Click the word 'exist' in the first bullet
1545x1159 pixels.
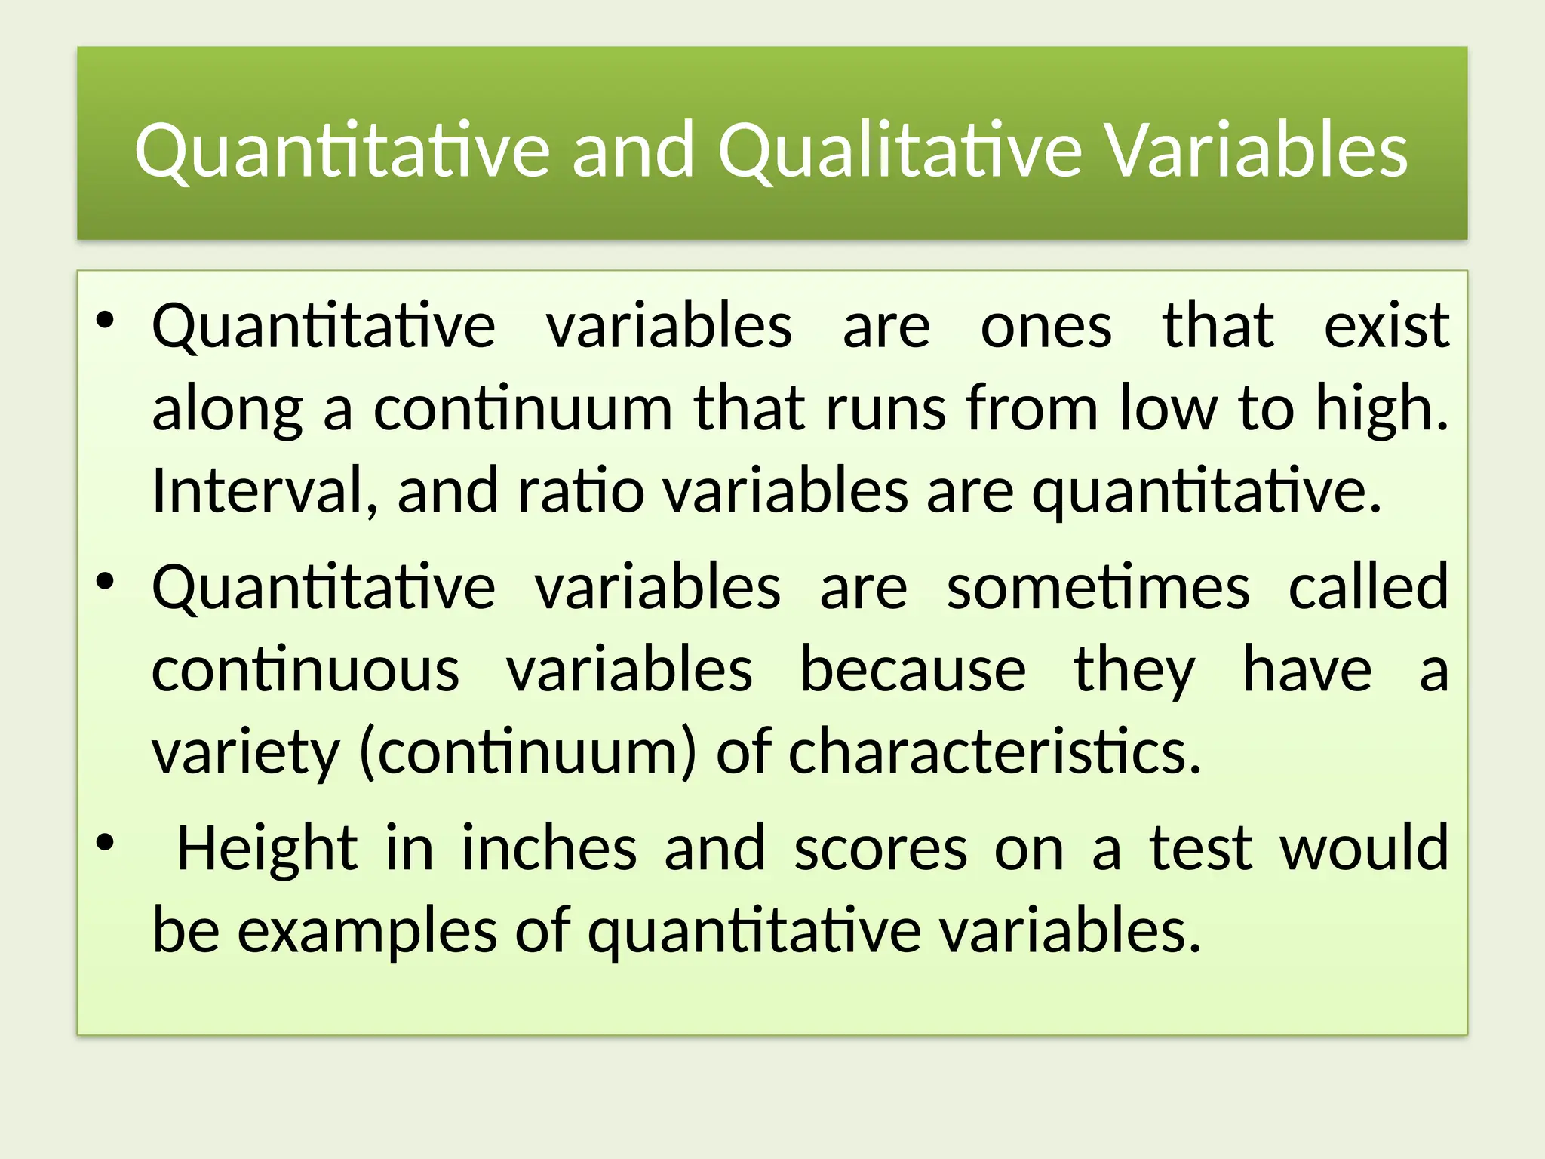(1387, 326)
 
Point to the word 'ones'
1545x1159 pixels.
(1046, 327)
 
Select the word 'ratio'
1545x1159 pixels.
(580, 490)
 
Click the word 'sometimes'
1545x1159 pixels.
(1098, 587)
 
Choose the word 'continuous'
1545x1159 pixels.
(306, 670)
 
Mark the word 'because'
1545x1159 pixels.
(913, 669)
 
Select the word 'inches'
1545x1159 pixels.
(549, 848)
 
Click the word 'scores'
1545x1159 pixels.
(880, 850)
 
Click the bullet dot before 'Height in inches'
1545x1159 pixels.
(105, 841)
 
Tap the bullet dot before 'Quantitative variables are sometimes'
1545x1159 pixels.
(105, 580)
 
